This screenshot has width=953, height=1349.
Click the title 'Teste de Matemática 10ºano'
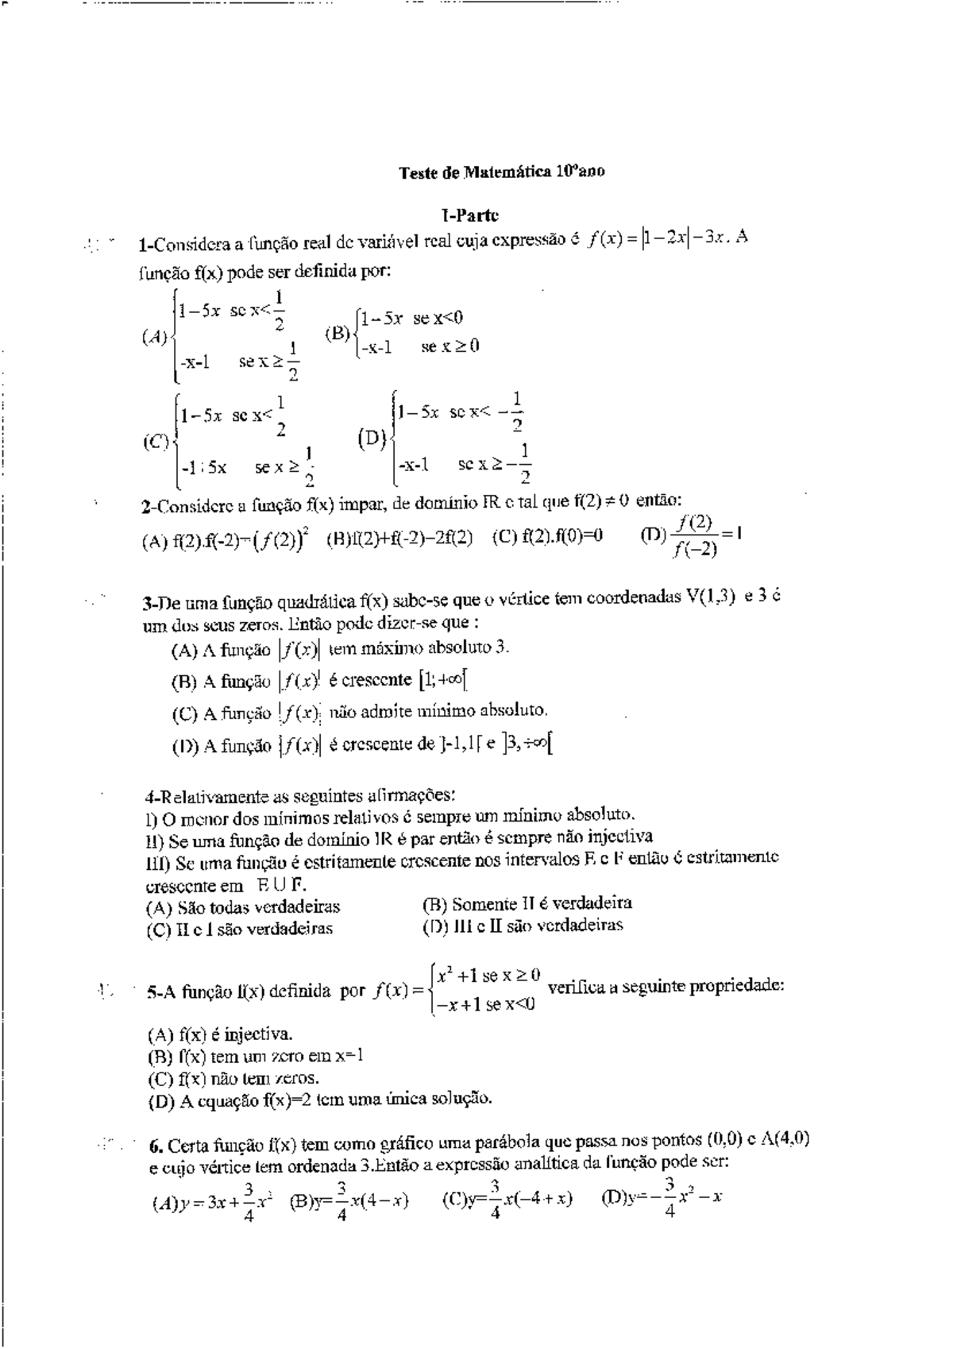click(x=501, y=172)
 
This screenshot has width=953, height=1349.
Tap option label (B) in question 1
click(x=337, y=333)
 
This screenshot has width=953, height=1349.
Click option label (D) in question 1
click(x=372, y=438)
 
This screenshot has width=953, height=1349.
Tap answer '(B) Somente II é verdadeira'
click(x=527, y=903)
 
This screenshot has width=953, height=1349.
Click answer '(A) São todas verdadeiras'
click(x=243, y=907)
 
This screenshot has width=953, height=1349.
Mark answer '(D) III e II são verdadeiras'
click(x=523, y=926)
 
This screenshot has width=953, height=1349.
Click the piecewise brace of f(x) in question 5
click(x=430, y=990)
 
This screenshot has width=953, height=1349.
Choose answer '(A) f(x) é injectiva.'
click(x=220, y=1034)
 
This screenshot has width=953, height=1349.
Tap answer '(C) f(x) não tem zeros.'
click(x=233, y=1078)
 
